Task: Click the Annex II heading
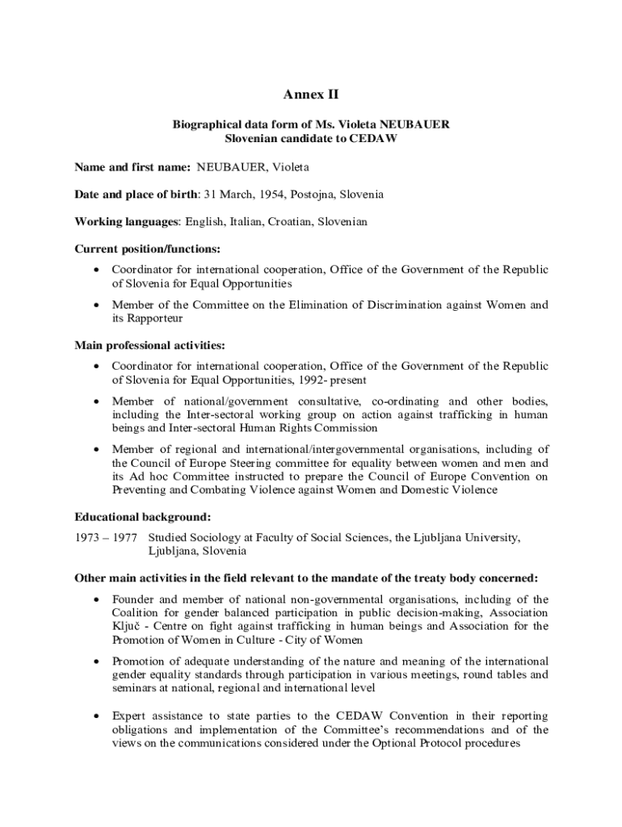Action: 311,95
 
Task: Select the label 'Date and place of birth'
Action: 136,195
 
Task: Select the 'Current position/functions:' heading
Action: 147,249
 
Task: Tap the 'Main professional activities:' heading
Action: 149,346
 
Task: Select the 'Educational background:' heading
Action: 143,517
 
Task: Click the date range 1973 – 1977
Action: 106,538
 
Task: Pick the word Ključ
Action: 127,626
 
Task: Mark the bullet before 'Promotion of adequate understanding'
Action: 97,661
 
